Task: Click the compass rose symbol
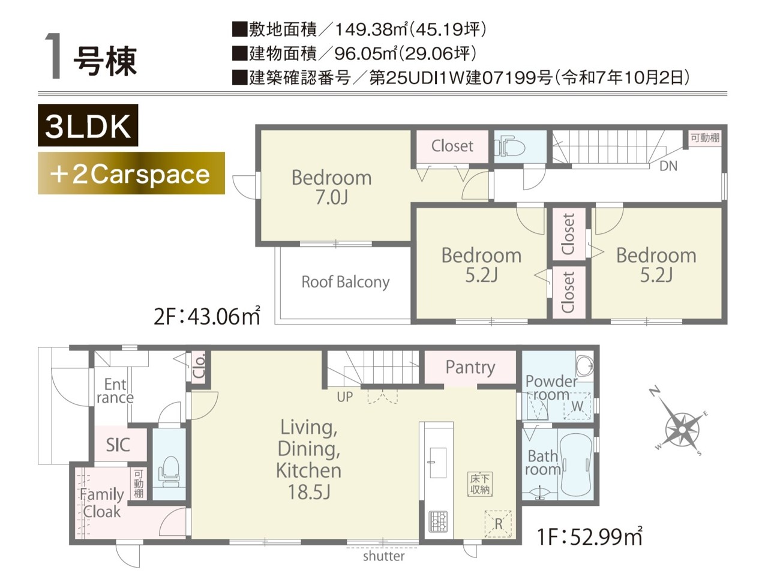(x=682, y=429)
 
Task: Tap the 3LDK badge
(x=88, y=125)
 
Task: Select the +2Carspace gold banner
(x=131, y=173)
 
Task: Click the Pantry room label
(x=470, y=367)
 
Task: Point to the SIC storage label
(x=118, y=445)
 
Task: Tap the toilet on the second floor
(x=509, y=146)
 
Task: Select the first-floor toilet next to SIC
(x=169, y=472)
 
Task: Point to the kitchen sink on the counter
(x=438, y=463)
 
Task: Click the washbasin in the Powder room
(x=584, y=365)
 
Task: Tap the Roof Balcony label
(x=346, y=282)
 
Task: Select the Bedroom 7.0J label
(x=331, y=187)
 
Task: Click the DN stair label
(x=668, y=166)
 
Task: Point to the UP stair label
(x=344, y=397)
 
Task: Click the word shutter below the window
(x=383, y=556)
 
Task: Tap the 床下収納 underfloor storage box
(x=479, y=484)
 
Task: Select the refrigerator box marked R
(x=498, y=524)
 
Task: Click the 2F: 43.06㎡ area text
(x=207, y=317)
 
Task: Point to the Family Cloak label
(x=102, y=503)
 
